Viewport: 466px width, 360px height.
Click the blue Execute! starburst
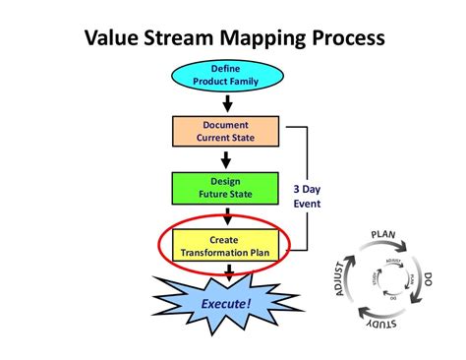coord(228,304)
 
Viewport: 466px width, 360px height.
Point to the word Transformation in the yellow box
coord(214,253)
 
